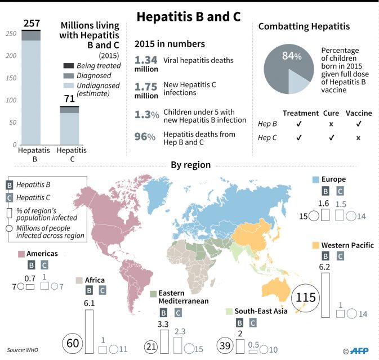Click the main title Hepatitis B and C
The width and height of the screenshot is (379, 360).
tap(189, 16)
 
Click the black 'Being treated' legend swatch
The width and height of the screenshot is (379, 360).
tap(69, 66)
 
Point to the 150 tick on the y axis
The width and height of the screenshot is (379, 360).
tap(10, 78)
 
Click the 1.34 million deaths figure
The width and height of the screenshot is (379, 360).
tap(146, 60)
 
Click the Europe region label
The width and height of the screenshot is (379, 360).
tap(335, 179)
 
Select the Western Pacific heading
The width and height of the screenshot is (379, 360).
tap(347, 245)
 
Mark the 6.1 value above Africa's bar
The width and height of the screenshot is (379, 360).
tap(88, 303)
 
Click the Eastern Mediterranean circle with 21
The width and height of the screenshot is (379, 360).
tap(150, 347)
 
